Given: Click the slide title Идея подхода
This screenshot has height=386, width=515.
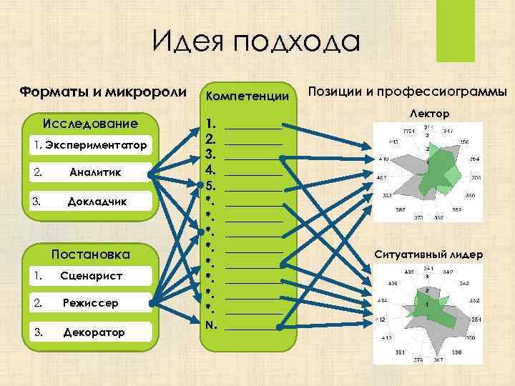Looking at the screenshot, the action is (x=257, y=41).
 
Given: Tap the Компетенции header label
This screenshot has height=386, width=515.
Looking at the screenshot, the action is (x=247, y=95).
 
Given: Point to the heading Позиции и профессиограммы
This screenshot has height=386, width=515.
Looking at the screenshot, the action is (x=406, y=91).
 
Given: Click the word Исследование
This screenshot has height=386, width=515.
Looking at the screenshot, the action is (x=91, y=124).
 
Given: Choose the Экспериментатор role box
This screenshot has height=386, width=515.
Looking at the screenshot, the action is (x=91, y=146).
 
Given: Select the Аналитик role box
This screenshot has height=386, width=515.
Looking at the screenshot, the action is (x=91, y=172).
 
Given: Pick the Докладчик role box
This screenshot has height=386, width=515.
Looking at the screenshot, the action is (x=91, y=201).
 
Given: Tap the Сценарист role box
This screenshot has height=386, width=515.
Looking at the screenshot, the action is (x=91, y=275).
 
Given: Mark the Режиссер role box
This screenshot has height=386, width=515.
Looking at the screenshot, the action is (x=91, y=304).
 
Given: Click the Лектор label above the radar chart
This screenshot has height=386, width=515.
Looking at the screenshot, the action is (x=429, y=114).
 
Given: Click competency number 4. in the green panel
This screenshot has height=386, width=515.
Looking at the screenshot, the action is (x=211, y=170).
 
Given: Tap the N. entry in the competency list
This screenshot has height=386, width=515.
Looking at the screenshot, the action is (x=211, y=325).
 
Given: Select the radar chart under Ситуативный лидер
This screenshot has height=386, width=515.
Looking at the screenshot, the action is (x=427, y=312).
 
